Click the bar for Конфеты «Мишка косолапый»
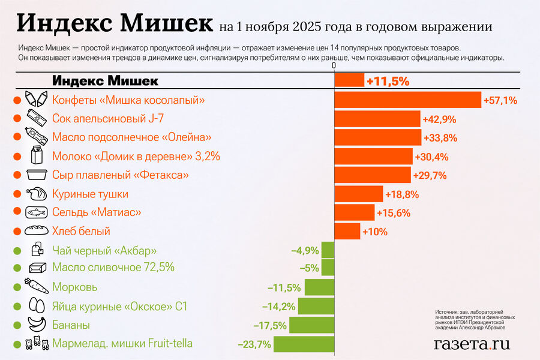pyautogui.click(x=407, y=100)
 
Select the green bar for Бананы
pyautogui.click(x=311, y=325)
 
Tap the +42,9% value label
pyautogui.click(x=439, y=119)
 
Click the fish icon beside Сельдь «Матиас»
pyautogui.click(x=36, y=212)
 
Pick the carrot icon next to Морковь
pyautogui.click(x=36, y=287)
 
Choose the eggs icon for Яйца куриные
pyautogui.click(x=36, y=306)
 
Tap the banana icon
pyautogui.click(x=36, y=325)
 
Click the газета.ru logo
pyautogui.click(x=472, y=344)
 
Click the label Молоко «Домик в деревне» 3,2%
pyautogui.click(x=136, y=157)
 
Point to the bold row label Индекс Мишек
pyautogui.click(x=105, y=81)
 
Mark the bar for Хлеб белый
pyautogui.click(x=347, y=231)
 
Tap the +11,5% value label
pyautogui.click(x=388, y=81)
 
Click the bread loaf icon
pyautogui.click(x=36, y=231)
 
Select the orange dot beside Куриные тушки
pyautogui.click(x=17, y=194)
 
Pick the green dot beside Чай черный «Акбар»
pyautogui.click(x=17, y=250)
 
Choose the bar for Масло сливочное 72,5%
pyautogui.click(x=328, y=268)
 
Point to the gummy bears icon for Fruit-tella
pyautogui.click(x=36, y=344)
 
